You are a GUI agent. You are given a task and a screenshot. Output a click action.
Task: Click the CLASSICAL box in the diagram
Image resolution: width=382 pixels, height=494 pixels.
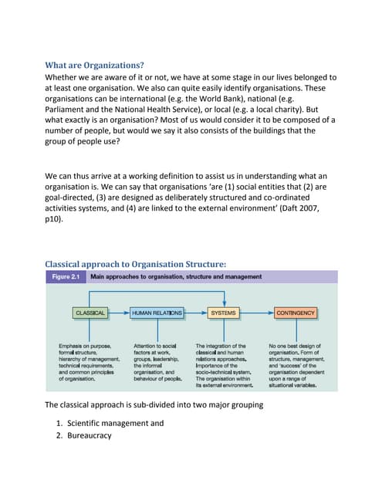(90, 313)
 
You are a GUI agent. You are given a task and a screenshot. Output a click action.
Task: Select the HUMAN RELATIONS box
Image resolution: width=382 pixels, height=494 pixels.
(157, 313)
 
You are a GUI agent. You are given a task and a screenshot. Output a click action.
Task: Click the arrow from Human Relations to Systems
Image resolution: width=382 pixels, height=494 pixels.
(197, 313)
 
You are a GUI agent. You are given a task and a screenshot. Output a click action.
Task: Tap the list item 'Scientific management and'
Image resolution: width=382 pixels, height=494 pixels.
(115, 423)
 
